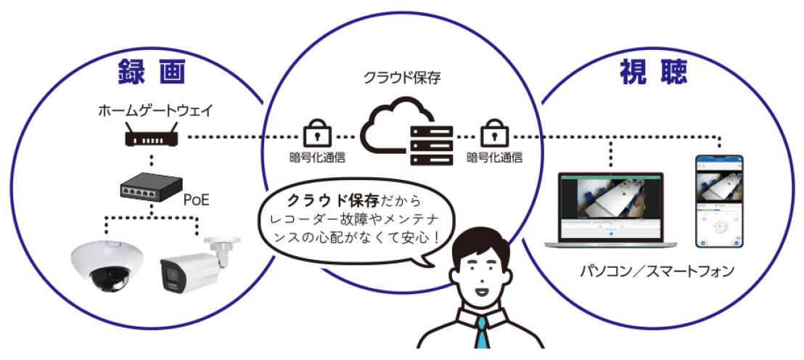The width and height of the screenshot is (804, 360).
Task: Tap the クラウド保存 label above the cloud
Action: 402,76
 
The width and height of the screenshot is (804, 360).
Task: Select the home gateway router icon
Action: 152,137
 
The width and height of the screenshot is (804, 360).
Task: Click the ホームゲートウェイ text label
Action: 152,112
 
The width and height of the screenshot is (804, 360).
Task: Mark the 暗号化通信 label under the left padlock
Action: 313,156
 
